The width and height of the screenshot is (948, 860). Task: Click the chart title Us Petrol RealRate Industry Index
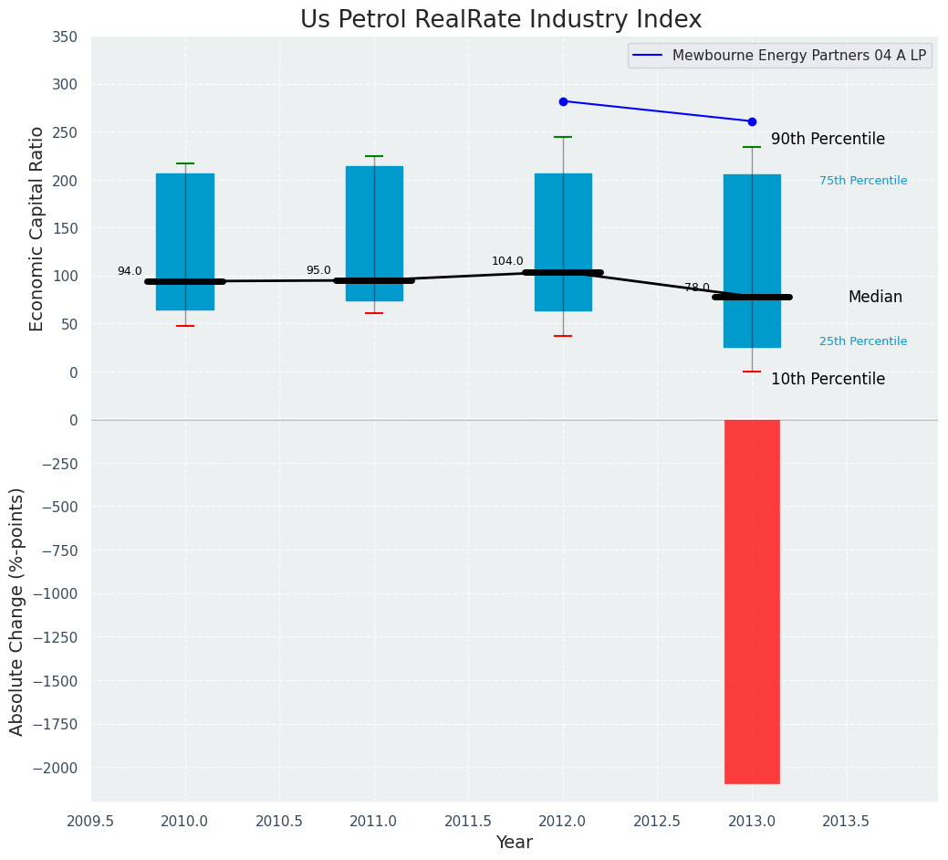pos(501,20)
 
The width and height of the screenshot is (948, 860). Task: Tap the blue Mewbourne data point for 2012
pos(563,101)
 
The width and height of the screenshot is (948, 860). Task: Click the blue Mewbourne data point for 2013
pos(752,121)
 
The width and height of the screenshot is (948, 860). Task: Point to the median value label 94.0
pos(130,271)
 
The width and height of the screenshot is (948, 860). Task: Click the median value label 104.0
pos(507,261)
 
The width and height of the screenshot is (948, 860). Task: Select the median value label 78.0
pos(697,288)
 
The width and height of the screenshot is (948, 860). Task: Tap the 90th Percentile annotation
pos(828,139)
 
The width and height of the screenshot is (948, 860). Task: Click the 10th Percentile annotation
pos(828,379)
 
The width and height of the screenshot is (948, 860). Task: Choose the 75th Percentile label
pos(863,181)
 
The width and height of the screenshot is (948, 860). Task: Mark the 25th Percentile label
pos(863,341)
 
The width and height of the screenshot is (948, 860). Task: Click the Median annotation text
pos(875,297)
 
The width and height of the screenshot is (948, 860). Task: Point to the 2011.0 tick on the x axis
pos(374,821)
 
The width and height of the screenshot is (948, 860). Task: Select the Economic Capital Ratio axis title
pos(37,228)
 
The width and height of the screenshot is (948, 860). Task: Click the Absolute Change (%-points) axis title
pos(17,611)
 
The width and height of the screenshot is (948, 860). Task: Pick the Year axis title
pos(514,843)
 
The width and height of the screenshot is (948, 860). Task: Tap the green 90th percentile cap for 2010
pos(185,163)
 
